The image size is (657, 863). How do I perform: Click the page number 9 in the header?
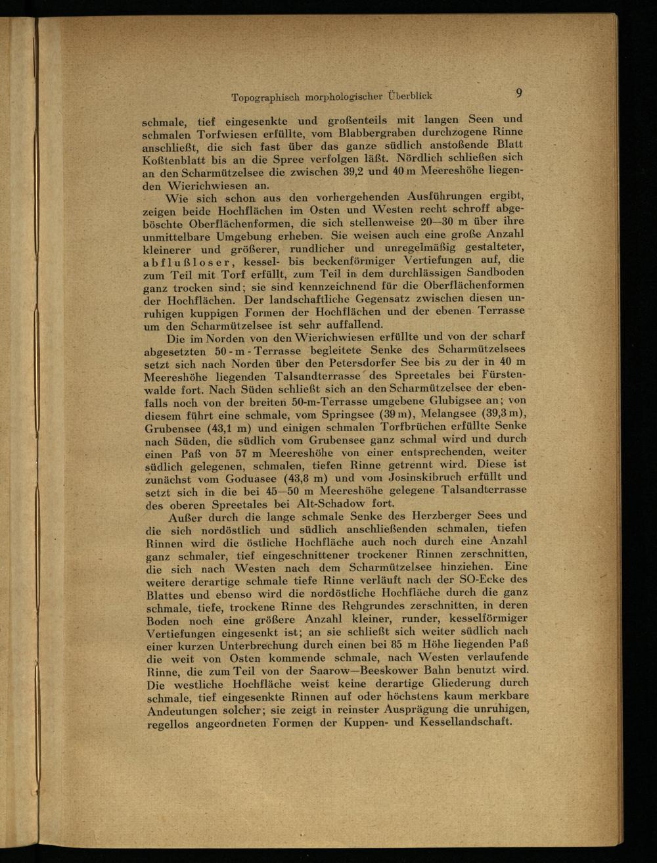(519, 93)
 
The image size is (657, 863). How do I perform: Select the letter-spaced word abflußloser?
(187, 263)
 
